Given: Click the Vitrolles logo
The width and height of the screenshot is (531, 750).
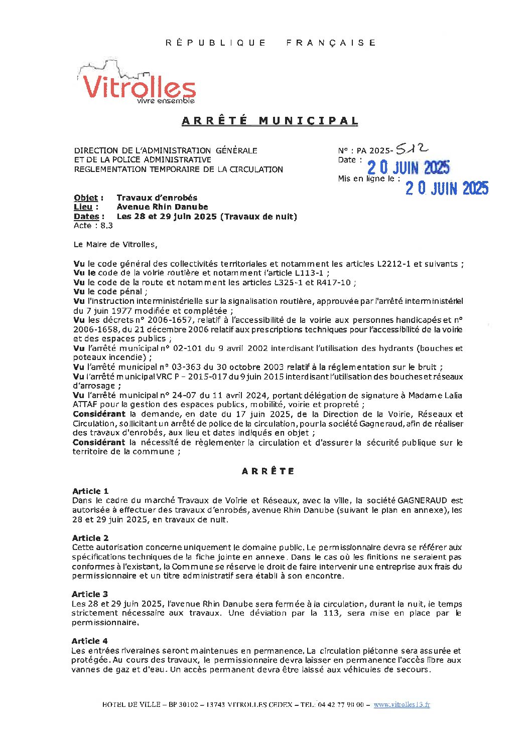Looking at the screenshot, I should pyautogui.click(x=137, y=84).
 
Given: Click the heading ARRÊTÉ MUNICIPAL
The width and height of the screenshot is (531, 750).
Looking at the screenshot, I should pyautogui.click(x=270, y=121).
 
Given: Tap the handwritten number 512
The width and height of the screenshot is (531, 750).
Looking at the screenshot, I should pyautogui.click(x=412, y=148).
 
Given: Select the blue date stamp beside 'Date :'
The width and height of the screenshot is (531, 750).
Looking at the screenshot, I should pyautogui.click(x=408, y=167).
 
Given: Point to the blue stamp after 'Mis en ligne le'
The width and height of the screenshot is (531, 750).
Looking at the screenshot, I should pyautogui.click(x=447, y=188).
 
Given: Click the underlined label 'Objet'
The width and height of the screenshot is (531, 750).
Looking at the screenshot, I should pyautogui.click(x=85, y=198).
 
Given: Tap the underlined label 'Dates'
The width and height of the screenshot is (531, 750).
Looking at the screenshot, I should pyautogui.click(x=86, y=217).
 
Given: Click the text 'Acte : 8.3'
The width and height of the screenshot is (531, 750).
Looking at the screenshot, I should pyautogui.click(x=93, y=226).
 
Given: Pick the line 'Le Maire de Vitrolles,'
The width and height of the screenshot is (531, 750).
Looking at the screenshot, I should pyautogui.click(x=115, y=245).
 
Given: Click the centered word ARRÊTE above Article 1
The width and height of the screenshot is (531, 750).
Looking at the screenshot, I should pyautogui.click(x=268, y=471).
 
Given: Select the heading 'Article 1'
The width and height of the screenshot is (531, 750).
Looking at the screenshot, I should pyautogui.click(x=90, y=491).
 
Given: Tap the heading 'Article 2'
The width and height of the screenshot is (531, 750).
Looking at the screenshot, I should pyautogui.click(x=90, y=538).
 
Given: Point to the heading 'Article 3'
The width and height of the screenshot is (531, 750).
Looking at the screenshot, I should pyautogui.click(x=90, y=594).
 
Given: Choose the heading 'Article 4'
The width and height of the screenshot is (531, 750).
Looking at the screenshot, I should pyautogui.click(x=90, y=641).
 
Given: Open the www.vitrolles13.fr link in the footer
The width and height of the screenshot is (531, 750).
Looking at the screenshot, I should pyautogui.click(x=402, y=704).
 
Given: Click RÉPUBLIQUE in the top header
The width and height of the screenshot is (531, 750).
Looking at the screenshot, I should pyautogui.click(x=216, y=43).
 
